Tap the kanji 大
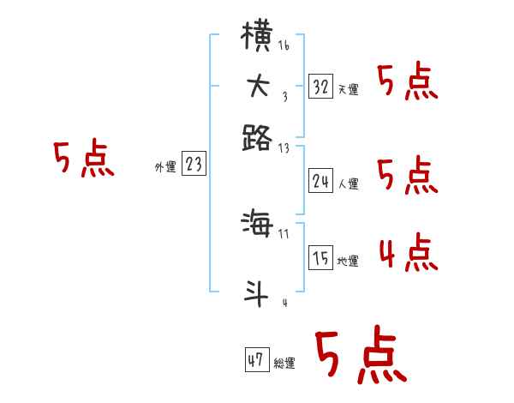[258, 87]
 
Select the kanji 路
[258, 136]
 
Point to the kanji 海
[258, 226]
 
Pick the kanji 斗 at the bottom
[258, 292]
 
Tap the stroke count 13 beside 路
[284, 147]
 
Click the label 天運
[349, 89]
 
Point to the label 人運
[349, 183]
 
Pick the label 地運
[349, 261]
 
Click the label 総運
[284, 363]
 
